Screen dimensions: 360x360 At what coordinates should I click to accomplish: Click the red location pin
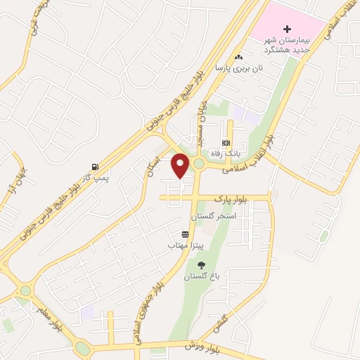pos(181,165)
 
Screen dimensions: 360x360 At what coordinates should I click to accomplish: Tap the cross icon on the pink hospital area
pos(286,29)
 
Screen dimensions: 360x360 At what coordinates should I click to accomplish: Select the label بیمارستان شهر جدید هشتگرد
pos(286,45)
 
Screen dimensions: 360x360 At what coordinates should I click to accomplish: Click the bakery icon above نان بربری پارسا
pos(238,57)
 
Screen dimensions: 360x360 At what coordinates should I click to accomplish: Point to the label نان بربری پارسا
pos(232,68)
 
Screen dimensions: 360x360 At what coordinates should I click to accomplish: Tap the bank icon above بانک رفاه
pos(226,143)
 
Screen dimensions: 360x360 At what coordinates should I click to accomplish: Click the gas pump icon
pos(94,168)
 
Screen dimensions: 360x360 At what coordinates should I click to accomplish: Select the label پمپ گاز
pos(94,179)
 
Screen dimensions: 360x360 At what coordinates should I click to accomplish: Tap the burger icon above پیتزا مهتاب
pos(185,234)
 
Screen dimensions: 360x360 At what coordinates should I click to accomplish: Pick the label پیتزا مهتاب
pos(181,245)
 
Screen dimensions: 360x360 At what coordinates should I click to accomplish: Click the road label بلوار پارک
pos(252,200)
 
